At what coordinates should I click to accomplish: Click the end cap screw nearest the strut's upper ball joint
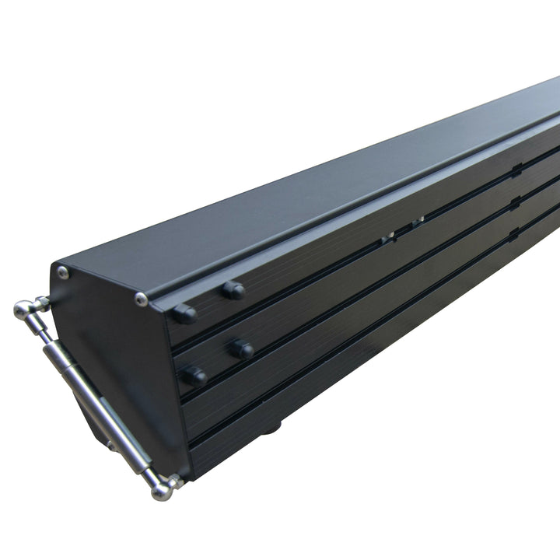(63, 272)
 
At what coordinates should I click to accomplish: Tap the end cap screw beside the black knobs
(141, 299)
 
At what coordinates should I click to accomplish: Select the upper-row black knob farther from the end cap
(233, 290)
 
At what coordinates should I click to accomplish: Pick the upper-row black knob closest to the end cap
(184, 313)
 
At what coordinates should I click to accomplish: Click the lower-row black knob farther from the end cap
(241, 349)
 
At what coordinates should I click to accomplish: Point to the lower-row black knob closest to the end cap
(194, 376)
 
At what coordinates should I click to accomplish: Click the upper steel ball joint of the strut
(23, 310)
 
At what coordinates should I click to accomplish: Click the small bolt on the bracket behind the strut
(110, 445)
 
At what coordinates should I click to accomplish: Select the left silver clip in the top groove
(388, 238)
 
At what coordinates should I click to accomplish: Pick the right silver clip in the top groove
(418, 222)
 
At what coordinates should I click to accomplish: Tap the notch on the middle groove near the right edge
(514, 202)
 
